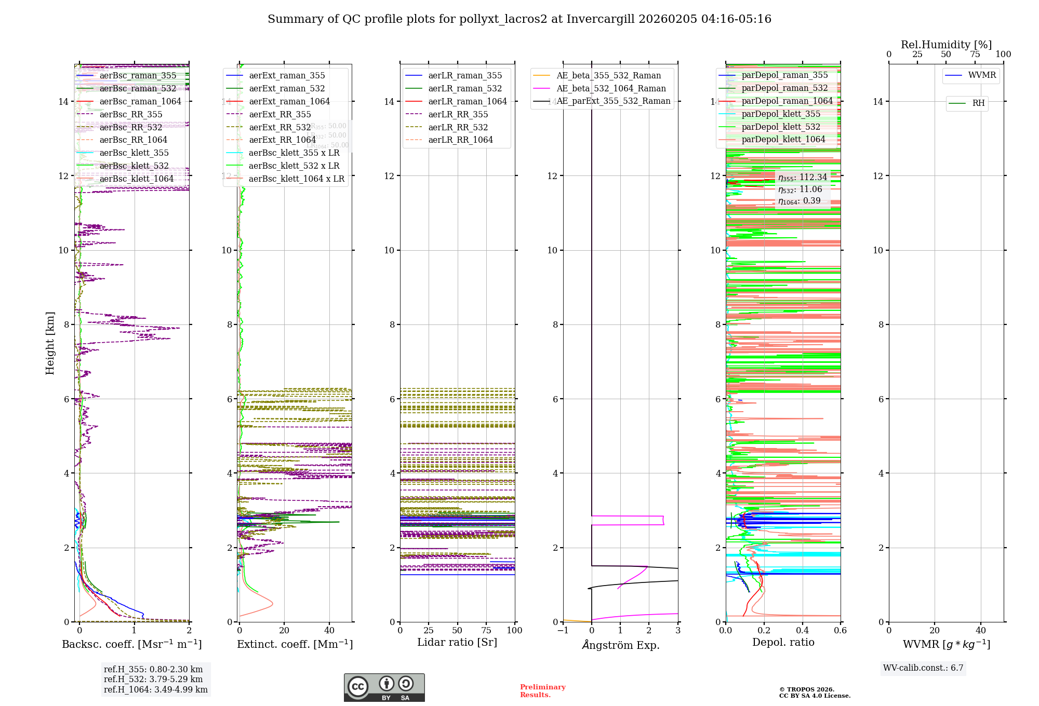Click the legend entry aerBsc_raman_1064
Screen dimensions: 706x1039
pos(140,101)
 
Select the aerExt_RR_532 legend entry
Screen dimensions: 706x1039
pos(279,127)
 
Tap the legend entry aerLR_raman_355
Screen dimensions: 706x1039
pos(465,75)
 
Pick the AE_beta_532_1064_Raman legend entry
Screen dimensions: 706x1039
pos(611,88)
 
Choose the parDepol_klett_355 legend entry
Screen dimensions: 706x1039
pos(781,114)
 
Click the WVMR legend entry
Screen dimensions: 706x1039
pos(982,75)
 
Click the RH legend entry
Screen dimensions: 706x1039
pos(978,103)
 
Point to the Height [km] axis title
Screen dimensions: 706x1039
pos(50,343)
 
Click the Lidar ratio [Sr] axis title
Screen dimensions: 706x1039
pos(457,642)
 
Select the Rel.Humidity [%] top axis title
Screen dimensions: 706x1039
pos(946,45)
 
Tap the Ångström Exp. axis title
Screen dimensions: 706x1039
pos(621,645)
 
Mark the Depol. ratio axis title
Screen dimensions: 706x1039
pos(783,642)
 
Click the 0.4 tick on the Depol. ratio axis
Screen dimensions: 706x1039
pos(802,630)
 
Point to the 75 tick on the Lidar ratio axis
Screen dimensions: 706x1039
pos(486,630)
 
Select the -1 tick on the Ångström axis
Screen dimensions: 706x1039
pos(563,630)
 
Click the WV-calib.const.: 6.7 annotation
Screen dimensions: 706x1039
pos(923,668)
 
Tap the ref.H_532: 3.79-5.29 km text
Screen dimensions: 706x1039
pos(153,679)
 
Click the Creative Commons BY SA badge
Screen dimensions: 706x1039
pos(384,687)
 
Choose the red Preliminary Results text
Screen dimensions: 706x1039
pos(542,690)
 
